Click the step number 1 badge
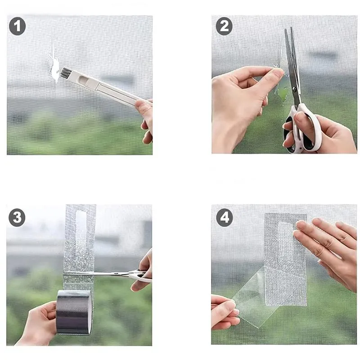tap(17, 26)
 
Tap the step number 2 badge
tap(224, 26)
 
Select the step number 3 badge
tap(17, 218)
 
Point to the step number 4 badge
tap(224, 218)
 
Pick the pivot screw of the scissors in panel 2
tap(294, 88)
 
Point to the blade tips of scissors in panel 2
tap(288, 30)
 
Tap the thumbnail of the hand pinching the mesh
tap(279, 72)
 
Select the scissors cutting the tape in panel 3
tap(108, 274)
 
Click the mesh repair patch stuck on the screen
tap(286, 260)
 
